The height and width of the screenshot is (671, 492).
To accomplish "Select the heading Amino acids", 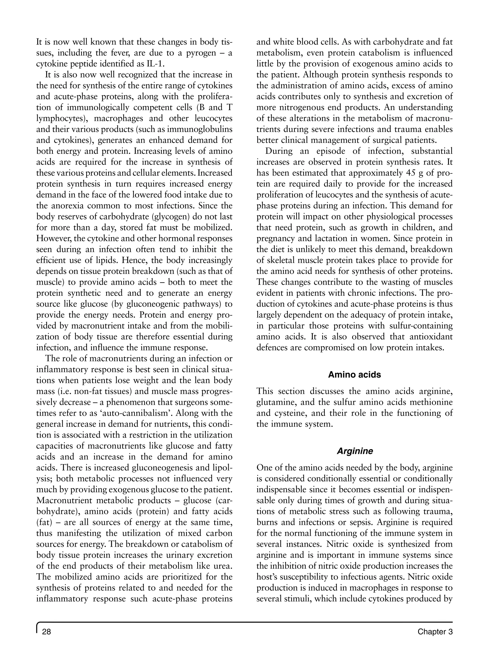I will pyautogui.click(x=354, y=375).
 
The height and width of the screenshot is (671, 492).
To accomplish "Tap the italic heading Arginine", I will pyautogui.click(x=355, y=451).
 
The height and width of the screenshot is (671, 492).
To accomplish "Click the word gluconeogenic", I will pyautogui.click(x=150, y=304).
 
